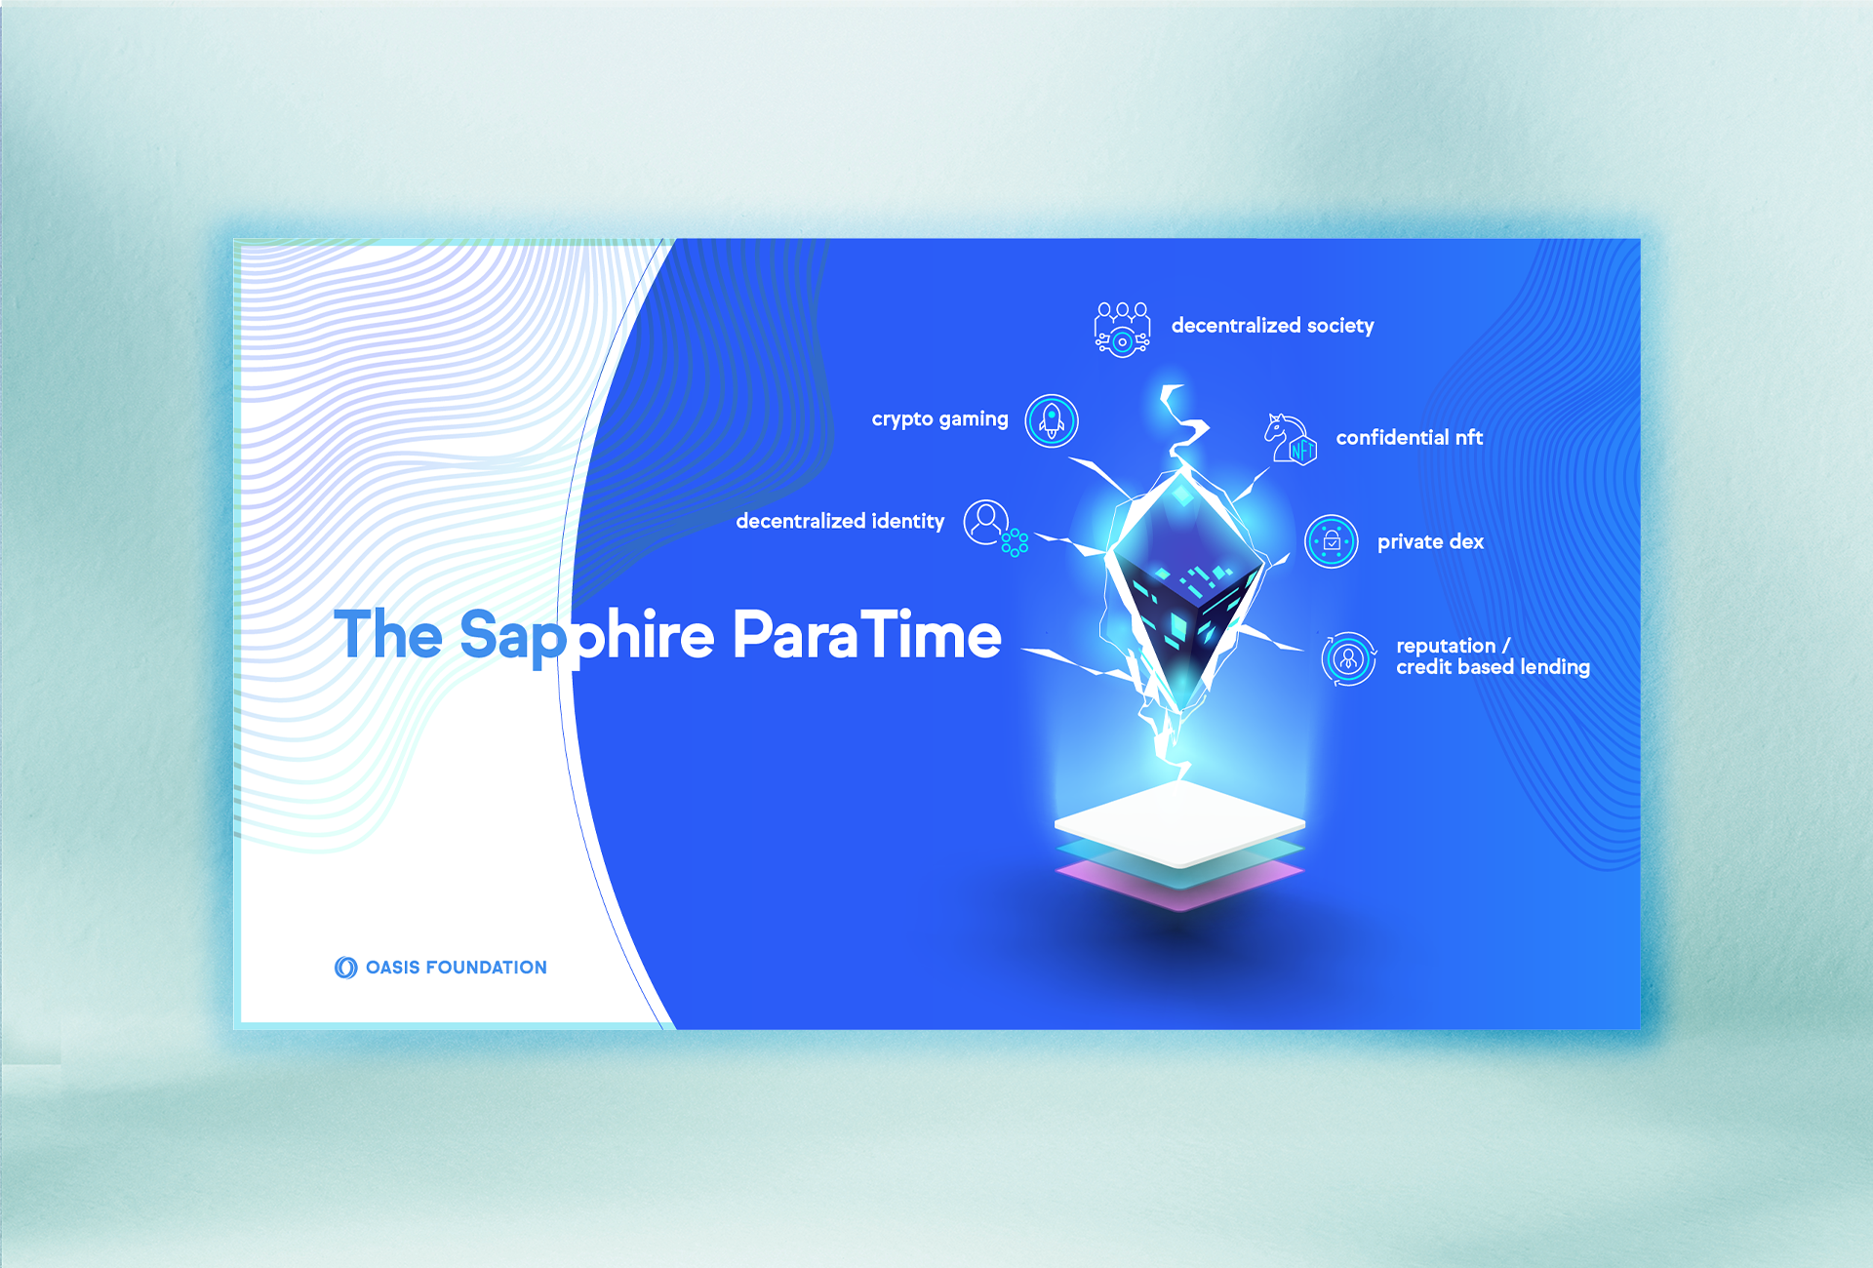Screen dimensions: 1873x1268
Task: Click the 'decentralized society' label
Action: (1272, 326)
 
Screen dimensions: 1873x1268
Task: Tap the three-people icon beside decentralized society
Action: (1122, 329)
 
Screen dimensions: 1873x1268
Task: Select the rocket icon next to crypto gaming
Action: (1052, 421)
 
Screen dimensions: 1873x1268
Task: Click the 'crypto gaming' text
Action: (939, 419)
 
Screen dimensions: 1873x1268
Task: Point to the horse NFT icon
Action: (1290, 439)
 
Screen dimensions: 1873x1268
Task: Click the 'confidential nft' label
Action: (1409, 438)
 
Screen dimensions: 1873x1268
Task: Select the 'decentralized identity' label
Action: (840, 522)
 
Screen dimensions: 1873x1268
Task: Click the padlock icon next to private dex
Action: (1331, 541)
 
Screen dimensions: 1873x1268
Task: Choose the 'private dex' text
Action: (1430, 542)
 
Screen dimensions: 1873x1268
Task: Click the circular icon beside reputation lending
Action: (1349, 659)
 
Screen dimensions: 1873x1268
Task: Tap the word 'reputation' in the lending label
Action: (1446, 646)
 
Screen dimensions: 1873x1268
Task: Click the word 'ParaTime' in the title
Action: (866, 635)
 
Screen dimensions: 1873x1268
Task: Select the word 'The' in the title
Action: (388, 634)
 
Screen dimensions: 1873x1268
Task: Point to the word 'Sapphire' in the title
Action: (587, 639)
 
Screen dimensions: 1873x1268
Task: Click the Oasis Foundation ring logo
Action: (346, 968)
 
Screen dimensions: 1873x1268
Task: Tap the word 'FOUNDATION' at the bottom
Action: (487, 968)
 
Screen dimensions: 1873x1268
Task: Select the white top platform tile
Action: (1179, 824)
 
